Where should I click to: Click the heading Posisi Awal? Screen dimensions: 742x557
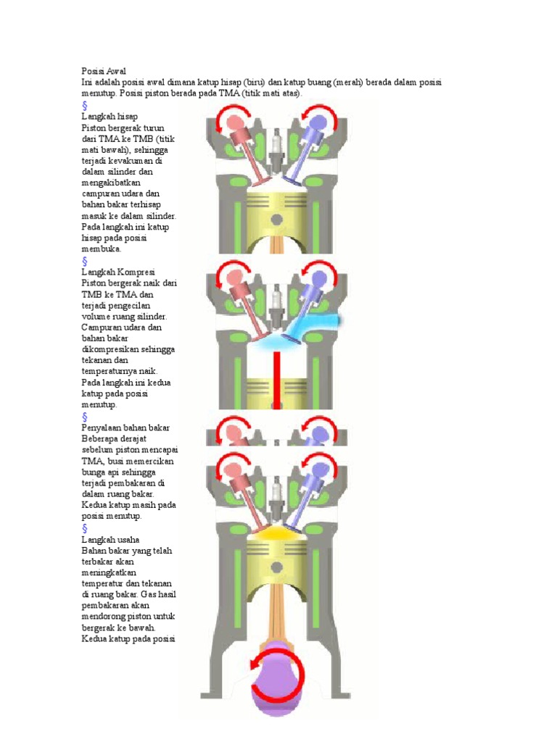click(x=104, y=72)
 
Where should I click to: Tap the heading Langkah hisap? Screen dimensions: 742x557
click(x=110, y=116)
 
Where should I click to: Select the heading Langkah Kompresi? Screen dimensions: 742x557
click(x=119, y=272)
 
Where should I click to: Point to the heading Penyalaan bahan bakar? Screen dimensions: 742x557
click(x=126, y=429)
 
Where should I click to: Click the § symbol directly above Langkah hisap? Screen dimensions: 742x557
click(x=85, y=105)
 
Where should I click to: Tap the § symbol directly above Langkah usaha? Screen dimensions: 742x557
click(x=85, y=528)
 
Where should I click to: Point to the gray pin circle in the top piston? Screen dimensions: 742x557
click(x=276, y=220)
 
